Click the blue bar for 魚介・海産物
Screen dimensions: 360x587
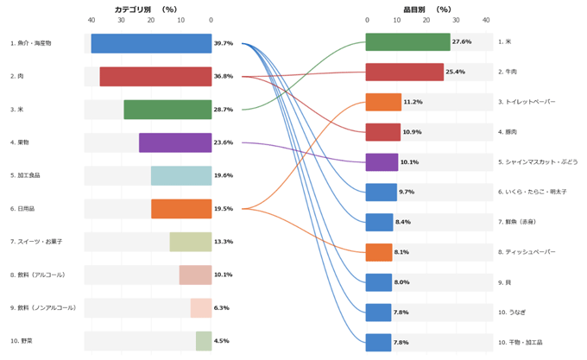[x=151, y=43]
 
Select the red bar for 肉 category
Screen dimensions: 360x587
[x=155, y=76]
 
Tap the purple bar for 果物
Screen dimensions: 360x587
[x=175, y=142]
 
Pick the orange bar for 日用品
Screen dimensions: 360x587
[x=181, y=209]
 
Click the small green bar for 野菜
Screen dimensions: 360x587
[x=204, y=341]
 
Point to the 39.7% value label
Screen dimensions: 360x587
[x=224, y=43]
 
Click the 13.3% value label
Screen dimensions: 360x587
[x=224, y=242]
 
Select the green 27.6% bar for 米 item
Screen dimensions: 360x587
[x=407, y=42]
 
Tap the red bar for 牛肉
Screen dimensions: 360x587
[x=404, y=72]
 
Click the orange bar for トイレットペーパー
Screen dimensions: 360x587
[x=383, y=102]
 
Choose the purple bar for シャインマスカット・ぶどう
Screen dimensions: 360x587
[x=382, y=162]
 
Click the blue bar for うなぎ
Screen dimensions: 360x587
[x=378, y=313]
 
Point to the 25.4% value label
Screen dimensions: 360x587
[x=456, y=73]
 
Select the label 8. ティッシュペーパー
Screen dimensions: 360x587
[x=527, y=252]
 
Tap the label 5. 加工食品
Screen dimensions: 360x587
[x=26, y=175]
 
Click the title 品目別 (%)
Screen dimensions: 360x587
[x=427, y=9]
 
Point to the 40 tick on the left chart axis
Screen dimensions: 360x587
[x=92, y=20]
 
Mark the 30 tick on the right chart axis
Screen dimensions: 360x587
[x=455, y=20]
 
